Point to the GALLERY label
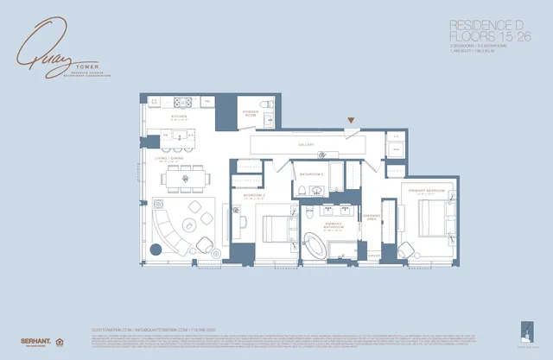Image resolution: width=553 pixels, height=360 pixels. click(306, 145)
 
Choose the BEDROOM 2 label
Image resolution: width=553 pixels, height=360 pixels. click(254, 197)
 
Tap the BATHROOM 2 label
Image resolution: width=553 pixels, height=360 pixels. click(312, 174)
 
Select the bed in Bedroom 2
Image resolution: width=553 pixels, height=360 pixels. click(279, 229)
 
